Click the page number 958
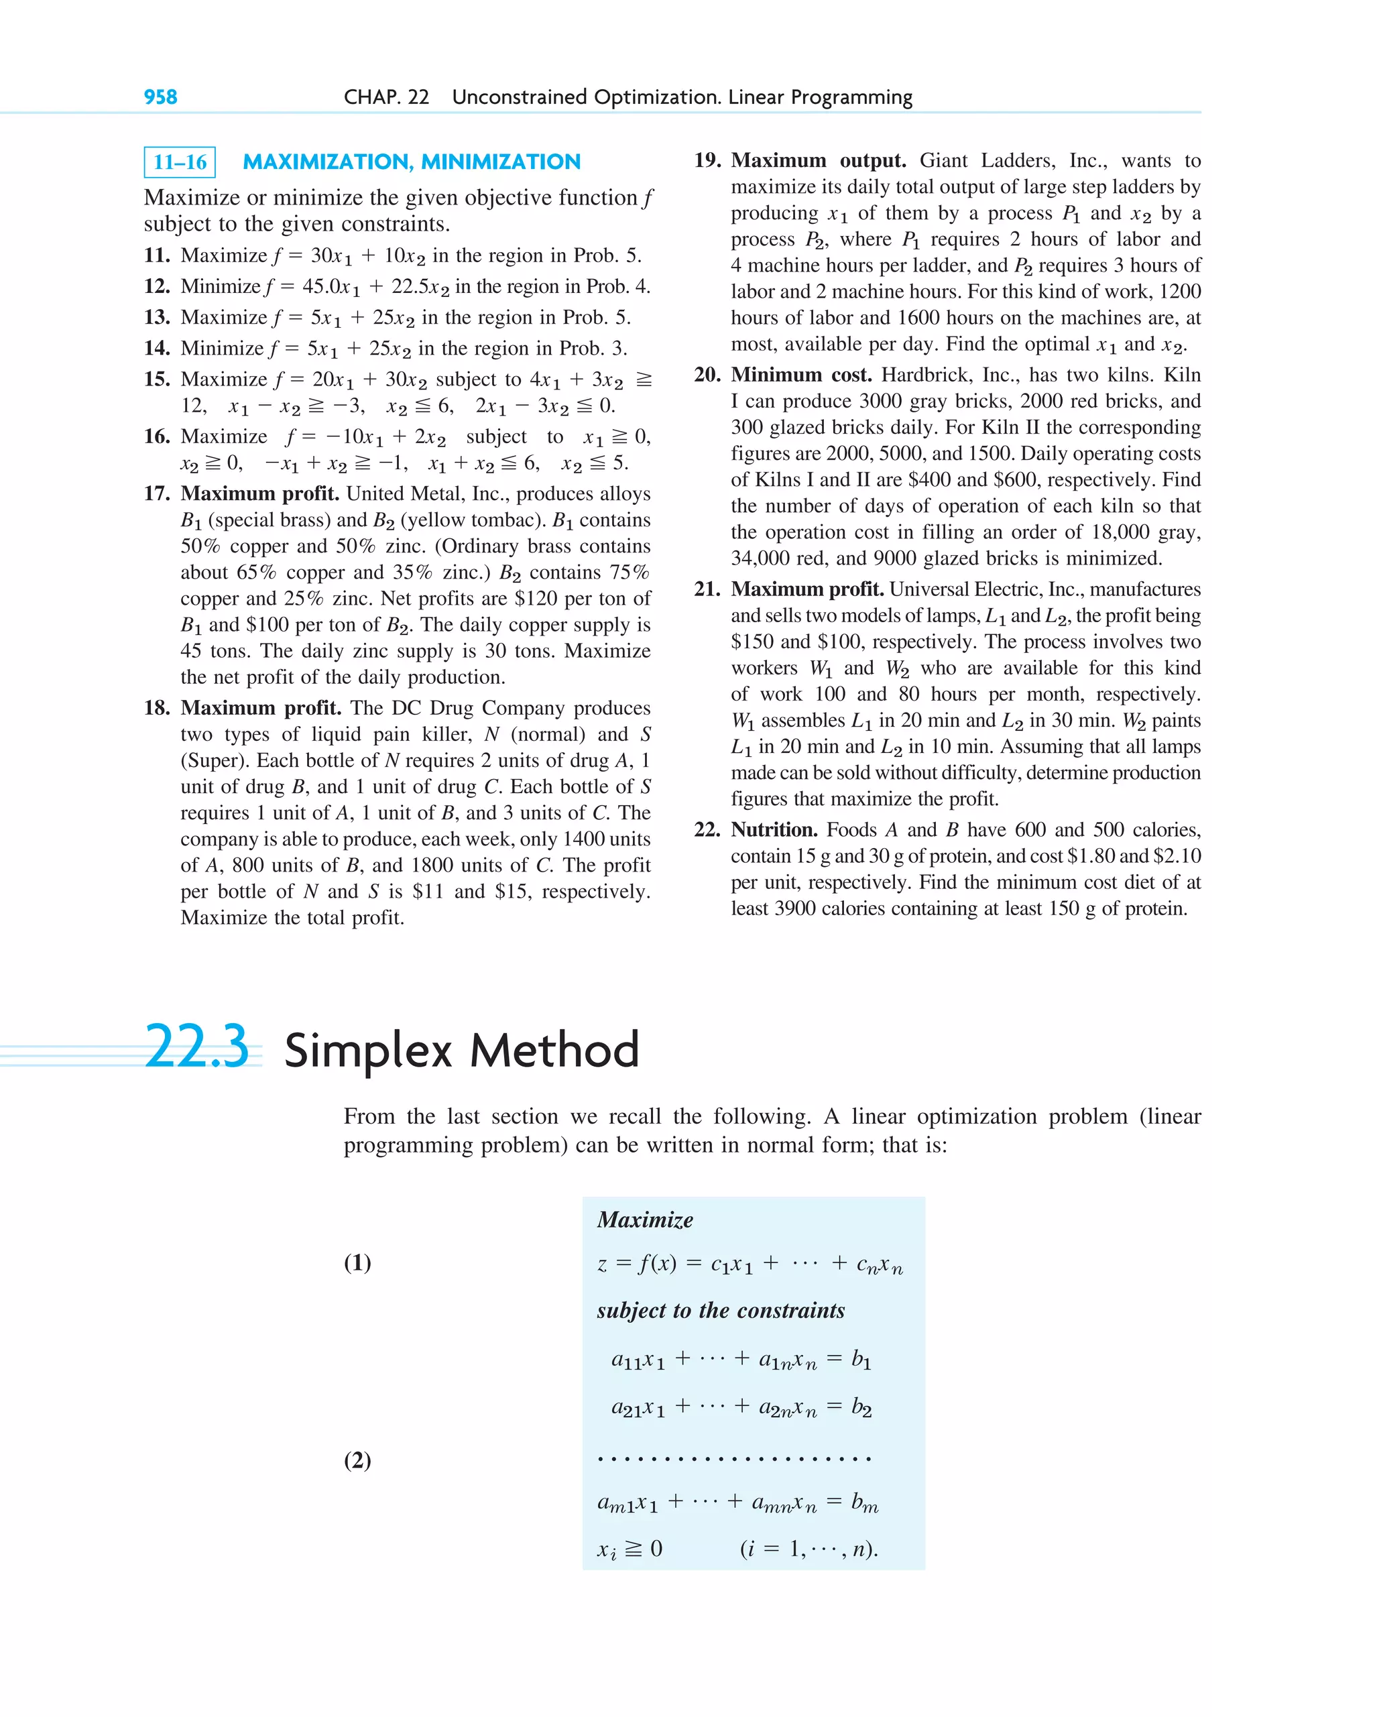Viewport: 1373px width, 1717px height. (x=160, y=97)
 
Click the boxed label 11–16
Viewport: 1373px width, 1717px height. (x=180, y=162)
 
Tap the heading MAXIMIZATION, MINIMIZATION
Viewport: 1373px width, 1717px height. (x=411, y=162)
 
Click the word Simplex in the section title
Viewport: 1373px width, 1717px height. (x=369, y=1051)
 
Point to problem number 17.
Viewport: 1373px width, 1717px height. (x=156, y=493)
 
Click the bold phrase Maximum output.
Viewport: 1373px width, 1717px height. (x=818, y=161)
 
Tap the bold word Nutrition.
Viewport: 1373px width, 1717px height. (x=773, y=830)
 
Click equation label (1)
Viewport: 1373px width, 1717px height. (x=357, y=1262)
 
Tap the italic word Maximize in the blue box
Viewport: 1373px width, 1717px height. (x=644, y=1220)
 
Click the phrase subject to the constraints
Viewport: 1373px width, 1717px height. (x=720, y=1311)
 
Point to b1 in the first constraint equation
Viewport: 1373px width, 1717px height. (x=861, y=1360)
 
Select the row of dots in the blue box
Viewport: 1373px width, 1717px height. (x=733, y=1459)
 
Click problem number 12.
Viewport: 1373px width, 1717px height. (x=156, y=287)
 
